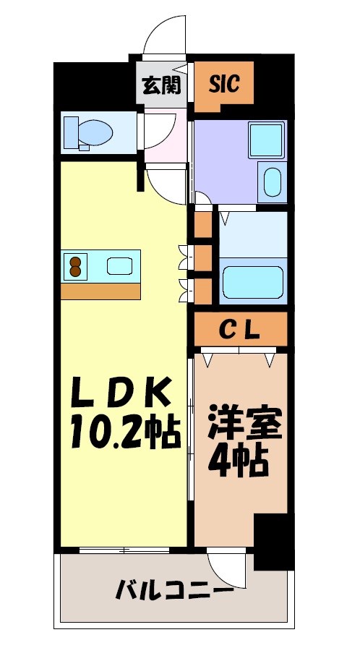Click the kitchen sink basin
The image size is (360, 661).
(x=120, y=266)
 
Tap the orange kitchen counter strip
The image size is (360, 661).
(x=100, y=291)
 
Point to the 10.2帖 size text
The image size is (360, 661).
(x=124, y=434)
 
